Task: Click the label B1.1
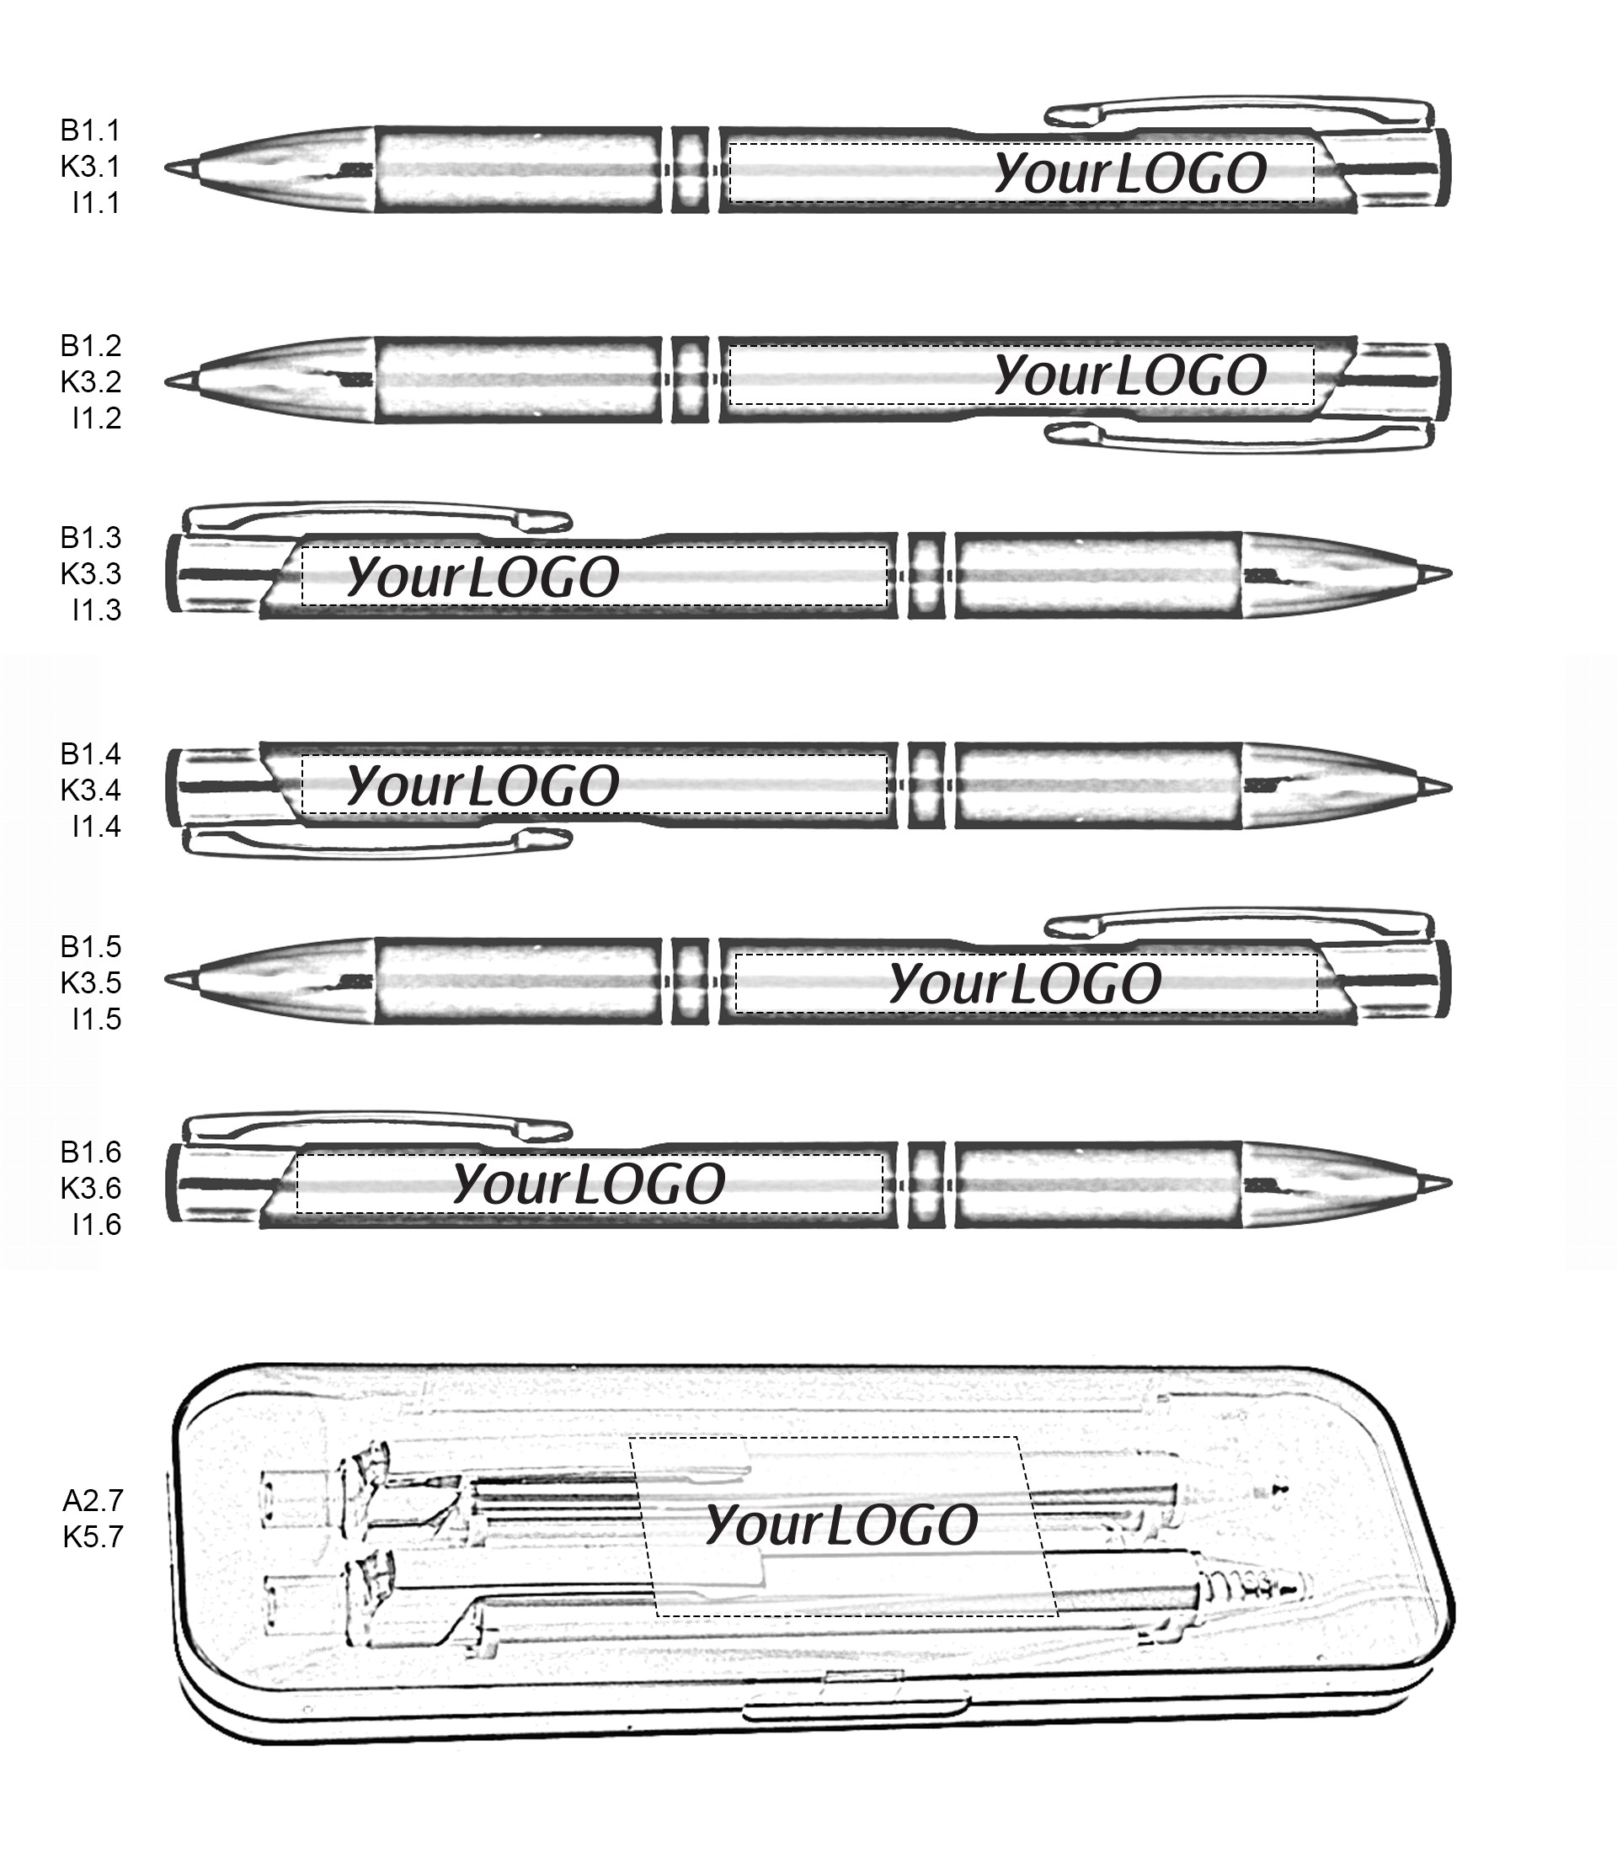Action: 90,130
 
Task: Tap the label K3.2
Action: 90,381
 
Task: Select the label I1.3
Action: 97,609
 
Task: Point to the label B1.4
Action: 90,753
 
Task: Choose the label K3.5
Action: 90,982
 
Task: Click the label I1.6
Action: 97,1224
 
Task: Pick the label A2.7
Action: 92,1500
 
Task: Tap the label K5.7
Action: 92,1536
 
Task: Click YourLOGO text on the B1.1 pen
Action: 1130,173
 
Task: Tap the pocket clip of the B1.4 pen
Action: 377,842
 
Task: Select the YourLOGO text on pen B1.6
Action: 589,1184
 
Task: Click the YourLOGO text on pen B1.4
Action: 483,785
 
